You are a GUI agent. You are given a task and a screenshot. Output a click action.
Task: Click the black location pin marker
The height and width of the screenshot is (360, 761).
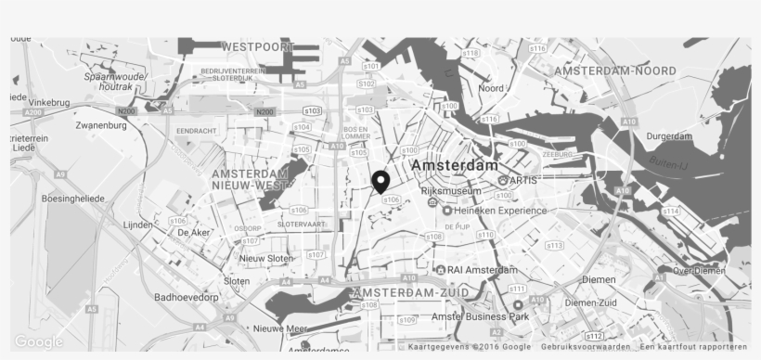click(x=380, y=181)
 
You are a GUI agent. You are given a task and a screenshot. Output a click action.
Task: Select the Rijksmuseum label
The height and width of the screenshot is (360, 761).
click(x=451, y=191)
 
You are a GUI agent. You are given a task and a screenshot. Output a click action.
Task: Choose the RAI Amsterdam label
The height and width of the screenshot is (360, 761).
click(x=482, y=270)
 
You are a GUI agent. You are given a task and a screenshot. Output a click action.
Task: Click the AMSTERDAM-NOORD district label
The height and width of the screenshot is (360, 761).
click(x=615, y=71)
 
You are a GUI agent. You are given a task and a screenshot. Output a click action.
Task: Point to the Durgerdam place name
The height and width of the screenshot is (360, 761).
click(x=669, y=136)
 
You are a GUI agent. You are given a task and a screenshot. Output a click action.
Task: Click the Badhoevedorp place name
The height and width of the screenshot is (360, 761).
click(x=187, y=298)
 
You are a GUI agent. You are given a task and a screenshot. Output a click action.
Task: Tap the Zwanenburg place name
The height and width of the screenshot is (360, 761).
click(x=101, y=125)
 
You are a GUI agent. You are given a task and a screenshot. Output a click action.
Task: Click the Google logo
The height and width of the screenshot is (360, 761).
click(x=39, y=341)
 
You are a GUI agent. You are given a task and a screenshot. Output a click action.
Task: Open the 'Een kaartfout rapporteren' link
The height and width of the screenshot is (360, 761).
click(x=692, y=347)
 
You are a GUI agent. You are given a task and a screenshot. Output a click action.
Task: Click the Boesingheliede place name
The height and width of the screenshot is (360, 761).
click(x=73, y=199)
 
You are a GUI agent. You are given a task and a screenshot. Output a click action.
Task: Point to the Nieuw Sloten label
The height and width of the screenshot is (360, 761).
click(x=266, y=258)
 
